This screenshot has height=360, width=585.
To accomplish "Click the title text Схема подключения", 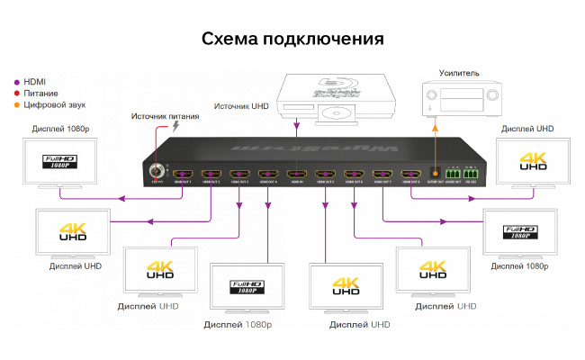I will (292, 39).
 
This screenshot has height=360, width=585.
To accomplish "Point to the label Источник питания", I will (166, 116).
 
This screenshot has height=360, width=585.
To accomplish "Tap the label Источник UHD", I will (241, 106).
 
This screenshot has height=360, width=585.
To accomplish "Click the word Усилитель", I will (459, 72).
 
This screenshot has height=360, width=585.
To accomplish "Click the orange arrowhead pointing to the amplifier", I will (436, 128).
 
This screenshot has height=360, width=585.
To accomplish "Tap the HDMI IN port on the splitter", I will (296, 174).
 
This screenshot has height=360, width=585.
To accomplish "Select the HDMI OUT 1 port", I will (183, 174).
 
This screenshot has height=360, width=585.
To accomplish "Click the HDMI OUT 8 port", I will (410, 174).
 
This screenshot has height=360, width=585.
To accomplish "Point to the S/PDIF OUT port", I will (436, 173).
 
